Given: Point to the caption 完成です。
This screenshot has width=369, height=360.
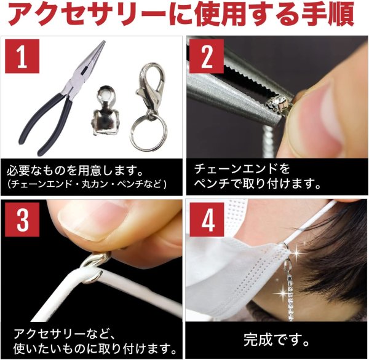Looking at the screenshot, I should pos(276,338).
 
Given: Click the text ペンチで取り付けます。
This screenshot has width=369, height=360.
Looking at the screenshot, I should pos(258,183).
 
